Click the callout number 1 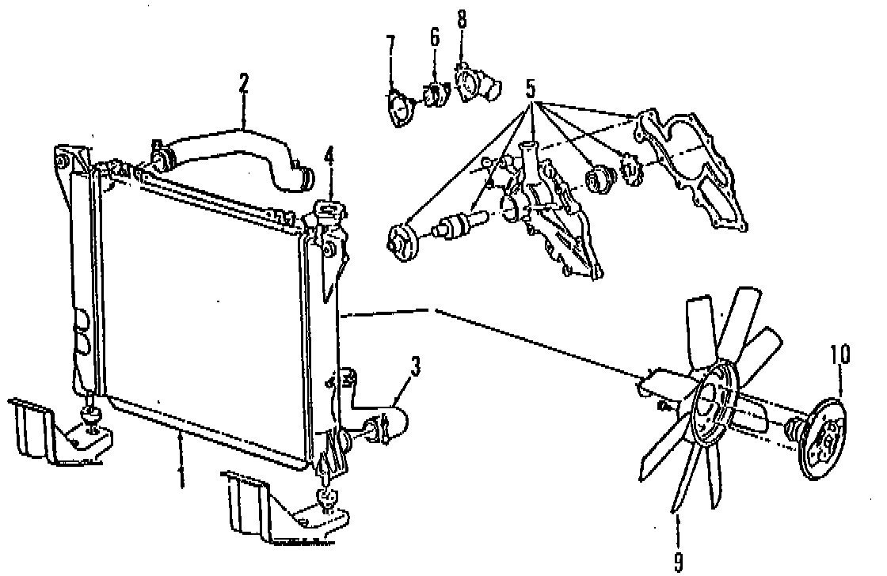tap(181, 476)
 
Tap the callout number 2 tap(245, 85)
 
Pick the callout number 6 tap(434, 36)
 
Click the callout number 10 tap(841, 354)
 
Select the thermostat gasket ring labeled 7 tap(400, 109)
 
